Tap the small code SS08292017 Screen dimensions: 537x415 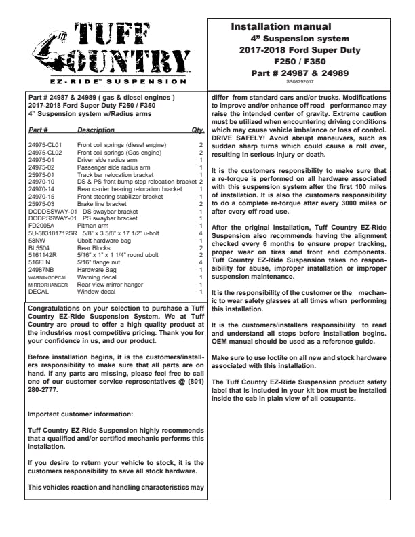300,81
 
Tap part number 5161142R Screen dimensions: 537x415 43,254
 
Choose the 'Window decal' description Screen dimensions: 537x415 96,292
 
